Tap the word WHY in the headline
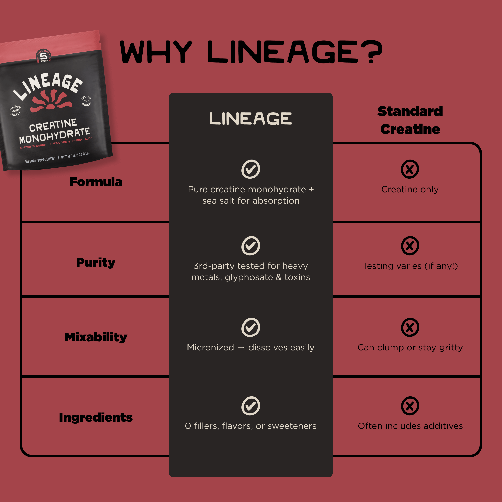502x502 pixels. [156, 52]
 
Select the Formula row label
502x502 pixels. [96, 182]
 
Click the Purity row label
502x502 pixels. [96, 263]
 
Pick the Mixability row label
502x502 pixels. [96, 337]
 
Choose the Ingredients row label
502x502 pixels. [96, 418]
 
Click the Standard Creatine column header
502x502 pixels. [410, 120]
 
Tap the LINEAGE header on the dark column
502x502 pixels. [251, 119]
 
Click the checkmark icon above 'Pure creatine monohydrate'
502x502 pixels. [251, 169]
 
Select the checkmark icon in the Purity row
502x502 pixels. [251, 246]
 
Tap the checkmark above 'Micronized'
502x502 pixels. [251, 327]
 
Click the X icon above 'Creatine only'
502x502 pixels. [410, 169]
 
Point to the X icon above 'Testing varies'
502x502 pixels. [410, 246]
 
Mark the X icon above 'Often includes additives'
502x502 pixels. [410, 406]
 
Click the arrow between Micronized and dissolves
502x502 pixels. [241, 348]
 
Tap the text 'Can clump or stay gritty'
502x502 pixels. [410, 348]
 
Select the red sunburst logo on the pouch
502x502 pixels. [51, 101]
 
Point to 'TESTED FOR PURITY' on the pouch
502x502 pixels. [86, 101]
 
